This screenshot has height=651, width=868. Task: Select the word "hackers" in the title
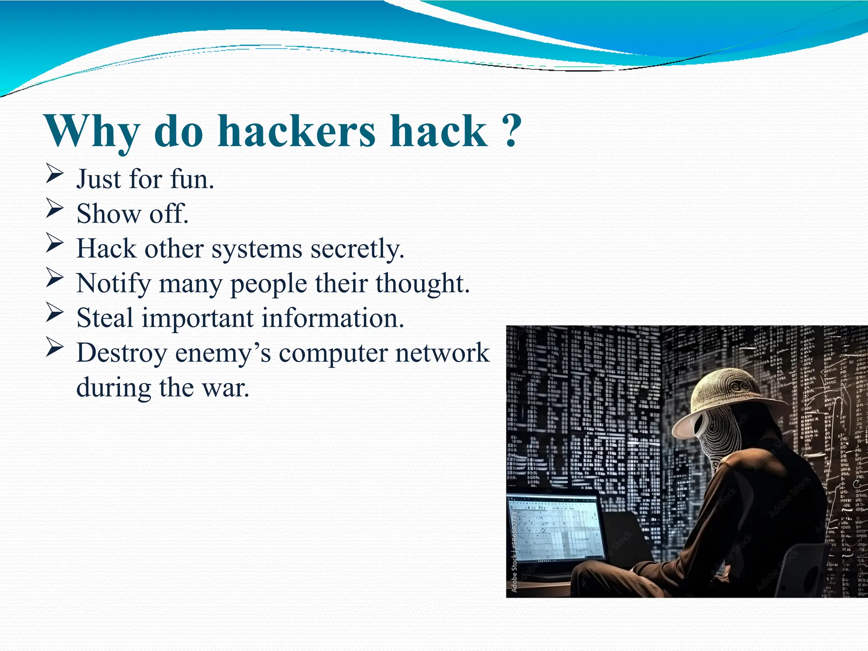296,131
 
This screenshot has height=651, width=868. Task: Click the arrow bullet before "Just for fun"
55,175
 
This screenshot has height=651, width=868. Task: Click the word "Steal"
105,318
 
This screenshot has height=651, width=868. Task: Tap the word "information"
333,318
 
